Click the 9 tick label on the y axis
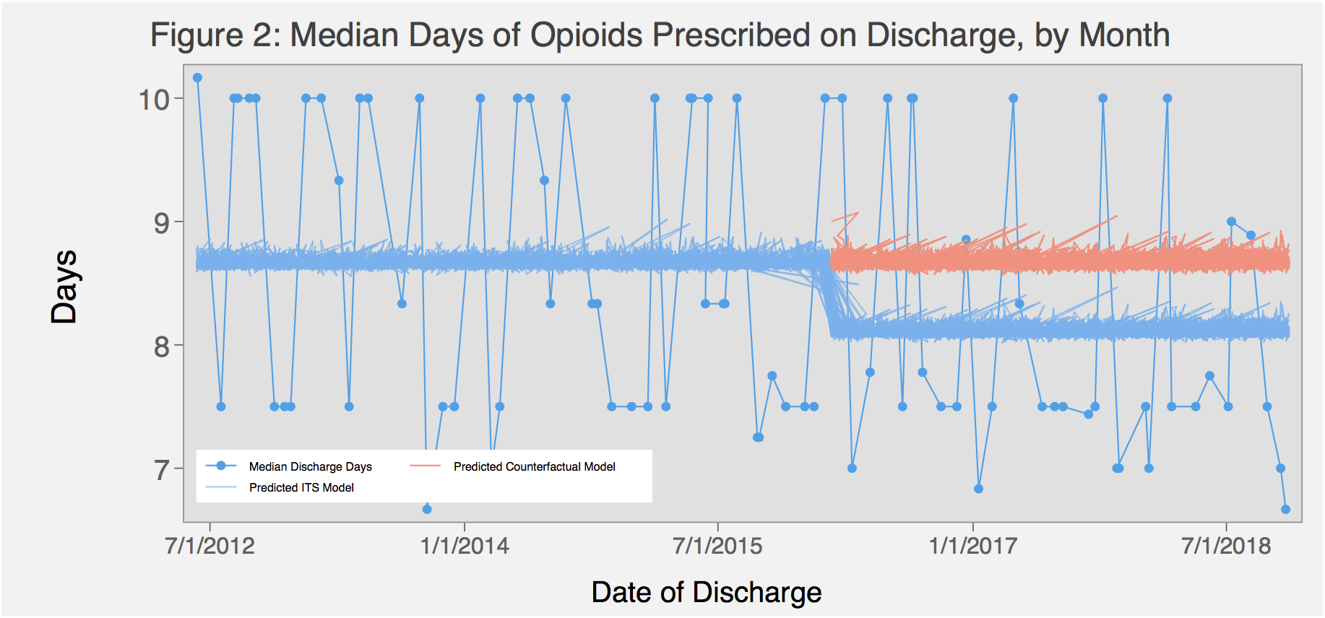(162, 223)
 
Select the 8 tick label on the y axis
(162, 347)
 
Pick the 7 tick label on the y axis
(162, 470)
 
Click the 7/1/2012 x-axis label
(210, 545)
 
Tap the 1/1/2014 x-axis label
(465, 545)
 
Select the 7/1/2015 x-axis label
(717, 545)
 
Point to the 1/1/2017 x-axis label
(972, 545)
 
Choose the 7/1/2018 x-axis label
(1226, 545)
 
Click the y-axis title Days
(64, 287)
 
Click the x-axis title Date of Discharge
(706, 592)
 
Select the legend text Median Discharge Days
(310, 466)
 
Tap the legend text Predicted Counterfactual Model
(534, 466)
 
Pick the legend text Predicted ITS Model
(301, 487)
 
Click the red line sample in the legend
(425, 466)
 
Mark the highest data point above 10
(197, 77)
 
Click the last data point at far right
(1285, 509)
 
